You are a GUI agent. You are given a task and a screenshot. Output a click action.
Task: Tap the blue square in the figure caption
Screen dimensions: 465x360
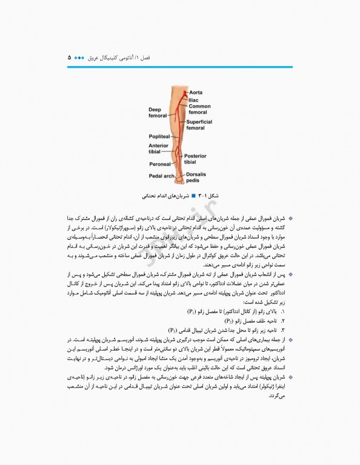click(193, 196)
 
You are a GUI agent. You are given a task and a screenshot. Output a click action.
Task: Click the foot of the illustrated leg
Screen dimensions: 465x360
click(180, 178)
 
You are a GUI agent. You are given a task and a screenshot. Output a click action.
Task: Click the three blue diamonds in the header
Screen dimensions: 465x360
click(81, 58)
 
